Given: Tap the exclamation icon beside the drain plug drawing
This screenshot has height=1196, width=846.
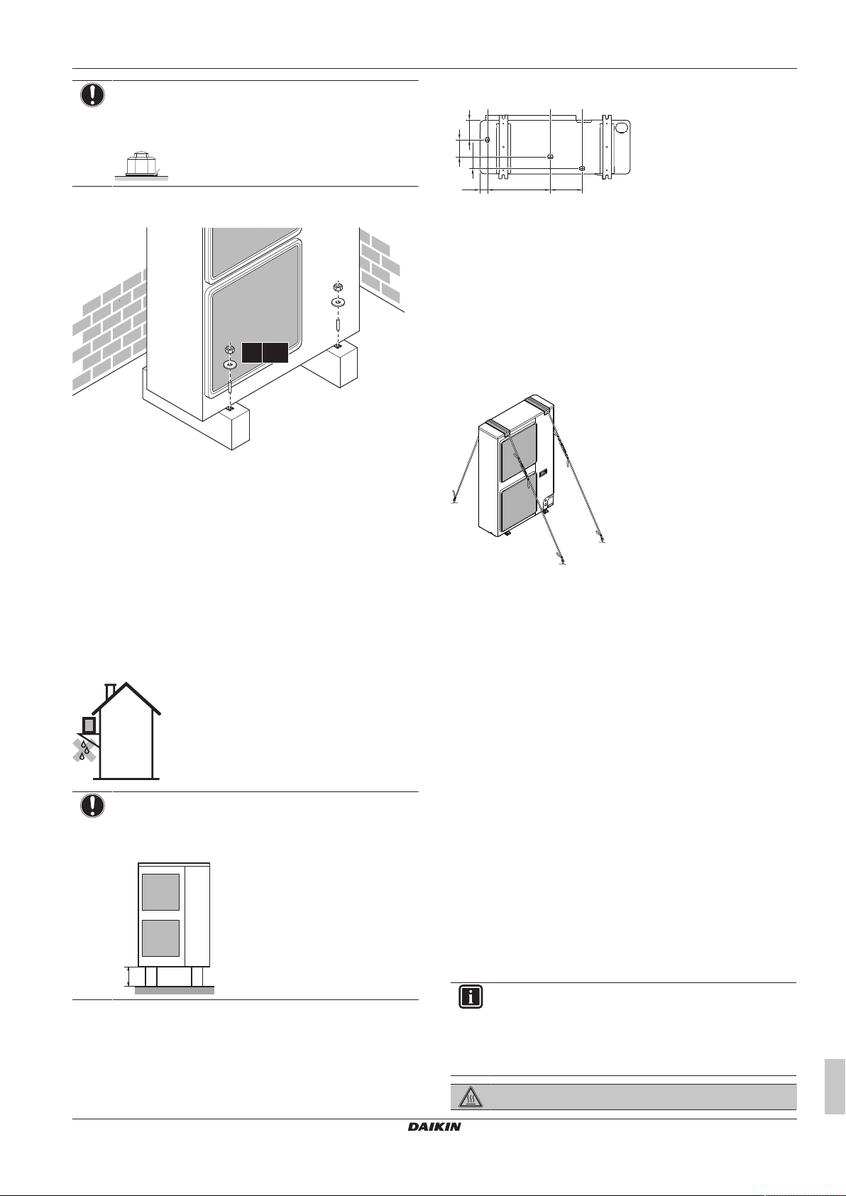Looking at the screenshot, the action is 92,95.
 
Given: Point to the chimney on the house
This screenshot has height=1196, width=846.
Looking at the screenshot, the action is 110,691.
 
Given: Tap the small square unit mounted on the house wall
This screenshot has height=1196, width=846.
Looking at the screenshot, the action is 89,725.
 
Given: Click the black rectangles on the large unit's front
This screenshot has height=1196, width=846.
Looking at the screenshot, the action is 264,353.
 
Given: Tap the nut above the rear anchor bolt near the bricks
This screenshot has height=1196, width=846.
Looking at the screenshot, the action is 339,287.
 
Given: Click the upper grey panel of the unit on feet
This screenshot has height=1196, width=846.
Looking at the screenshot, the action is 160,892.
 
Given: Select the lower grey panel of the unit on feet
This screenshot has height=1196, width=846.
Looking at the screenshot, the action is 160,938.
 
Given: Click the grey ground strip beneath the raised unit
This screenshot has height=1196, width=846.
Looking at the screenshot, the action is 174,990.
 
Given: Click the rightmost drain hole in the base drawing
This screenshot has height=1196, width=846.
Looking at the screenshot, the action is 582,168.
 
